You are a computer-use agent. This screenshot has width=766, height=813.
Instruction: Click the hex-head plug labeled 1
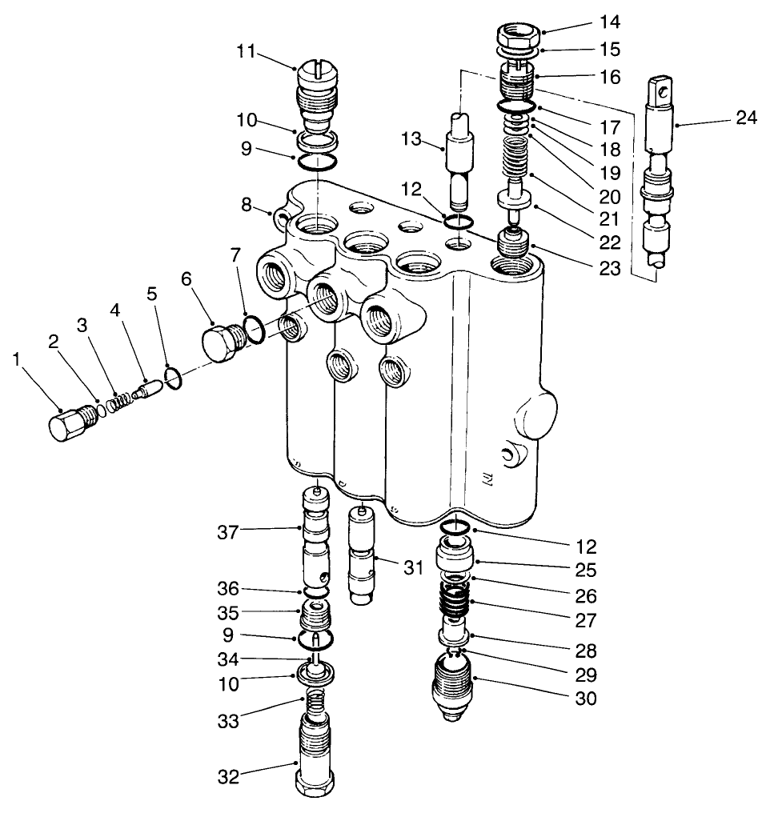pos(68,423)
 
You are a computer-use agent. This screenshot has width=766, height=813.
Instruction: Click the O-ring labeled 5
pos(175,376)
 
